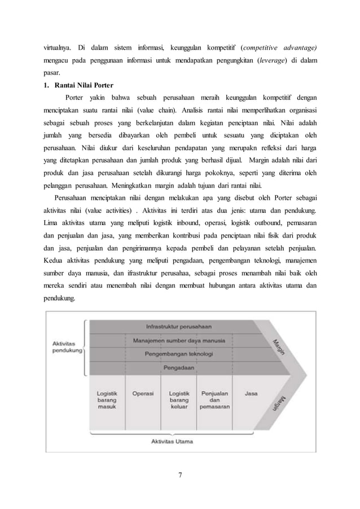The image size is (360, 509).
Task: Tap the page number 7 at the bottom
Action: [x=179, y=472]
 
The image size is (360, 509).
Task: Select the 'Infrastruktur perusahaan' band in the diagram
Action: [x=179, y=327]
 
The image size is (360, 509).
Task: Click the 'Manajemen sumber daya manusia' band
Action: [x=179, y=341]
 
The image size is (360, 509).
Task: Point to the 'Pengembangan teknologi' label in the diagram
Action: [x=179, y=354]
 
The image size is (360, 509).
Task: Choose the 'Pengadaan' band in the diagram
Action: [x=179, y=368]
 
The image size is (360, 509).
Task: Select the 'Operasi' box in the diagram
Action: [x=143, y=393]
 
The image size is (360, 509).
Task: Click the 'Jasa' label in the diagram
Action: [x=251, y=393]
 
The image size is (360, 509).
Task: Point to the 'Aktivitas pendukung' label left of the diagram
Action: [x=64, y=346]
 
